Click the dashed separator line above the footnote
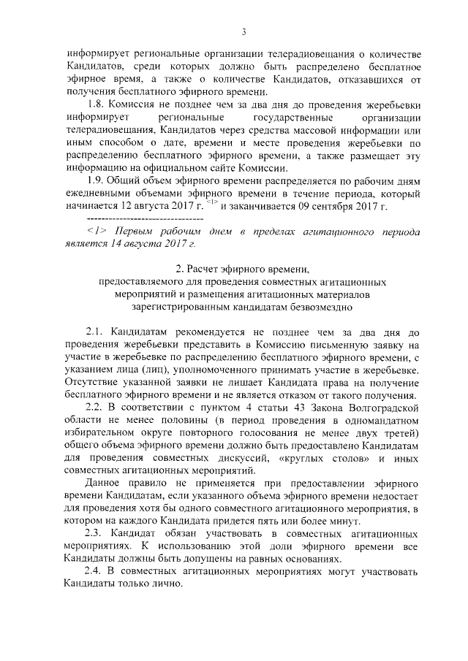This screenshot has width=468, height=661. [145, 218]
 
